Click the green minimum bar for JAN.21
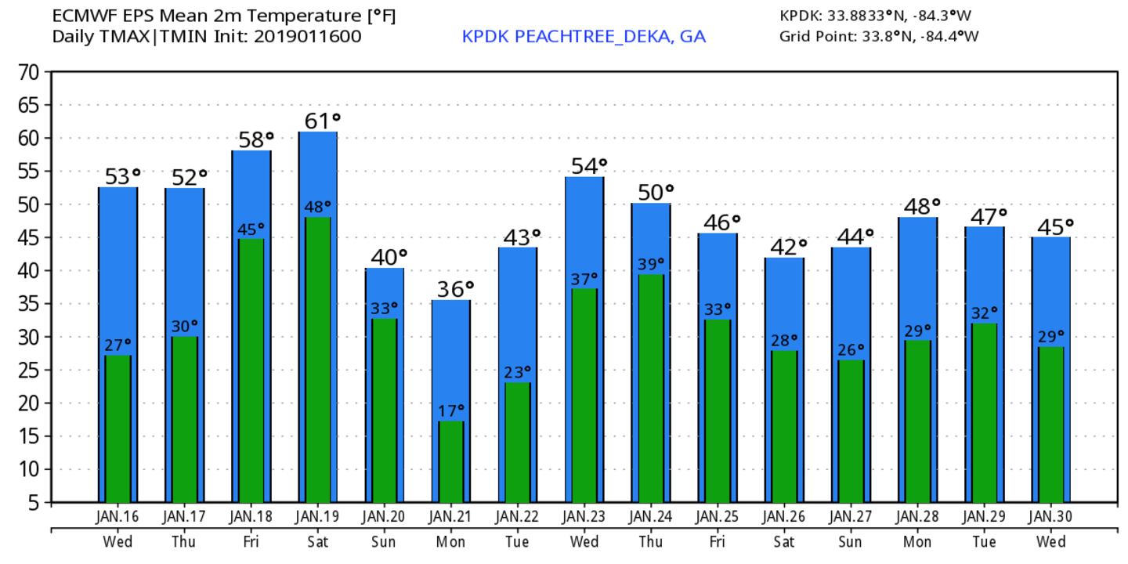pos(450,462)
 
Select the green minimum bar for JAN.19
pos(317,360)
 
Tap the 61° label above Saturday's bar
pos(323,121)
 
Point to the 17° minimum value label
pos(450,410)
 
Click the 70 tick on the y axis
pos(29,72)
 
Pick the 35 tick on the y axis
pos(29,304)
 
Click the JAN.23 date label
pos(584,518)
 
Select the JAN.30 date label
pos(1051,518)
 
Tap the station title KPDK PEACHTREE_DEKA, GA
pos(584,37)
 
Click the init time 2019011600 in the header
pos(308,36)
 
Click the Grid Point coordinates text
pos(879,36)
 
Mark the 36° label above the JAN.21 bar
pos(454,289)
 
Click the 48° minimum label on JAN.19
pos(318,207)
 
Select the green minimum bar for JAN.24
pos(651,388)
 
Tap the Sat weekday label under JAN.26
pos(784,541)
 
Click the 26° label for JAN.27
pos(851,349)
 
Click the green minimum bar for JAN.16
pos(117,428)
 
